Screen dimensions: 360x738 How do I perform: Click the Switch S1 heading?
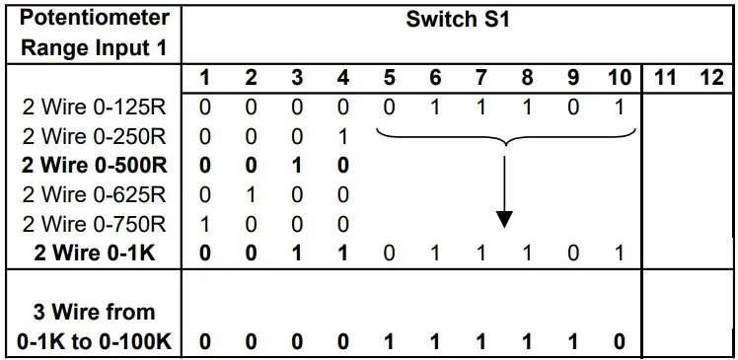click(457, 20)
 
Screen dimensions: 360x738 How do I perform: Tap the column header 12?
click(710, 77)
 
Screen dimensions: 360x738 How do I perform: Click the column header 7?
click(480, 77)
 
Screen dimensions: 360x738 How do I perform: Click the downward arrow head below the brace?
click(504, 218)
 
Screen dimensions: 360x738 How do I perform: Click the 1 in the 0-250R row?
click(343, 135)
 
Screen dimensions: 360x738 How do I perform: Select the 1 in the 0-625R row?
click(251, 194)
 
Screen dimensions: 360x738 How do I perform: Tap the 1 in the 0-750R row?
click(204, 224)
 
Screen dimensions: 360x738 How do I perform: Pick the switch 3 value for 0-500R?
click(297, 165)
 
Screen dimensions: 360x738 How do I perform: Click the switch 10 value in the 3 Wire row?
click(620, 341)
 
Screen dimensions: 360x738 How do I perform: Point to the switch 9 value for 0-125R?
click(573, 106)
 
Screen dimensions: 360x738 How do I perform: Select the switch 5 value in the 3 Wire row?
click(389, 341)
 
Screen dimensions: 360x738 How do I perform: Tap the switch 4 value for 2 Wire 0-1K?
click(343, 253)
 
